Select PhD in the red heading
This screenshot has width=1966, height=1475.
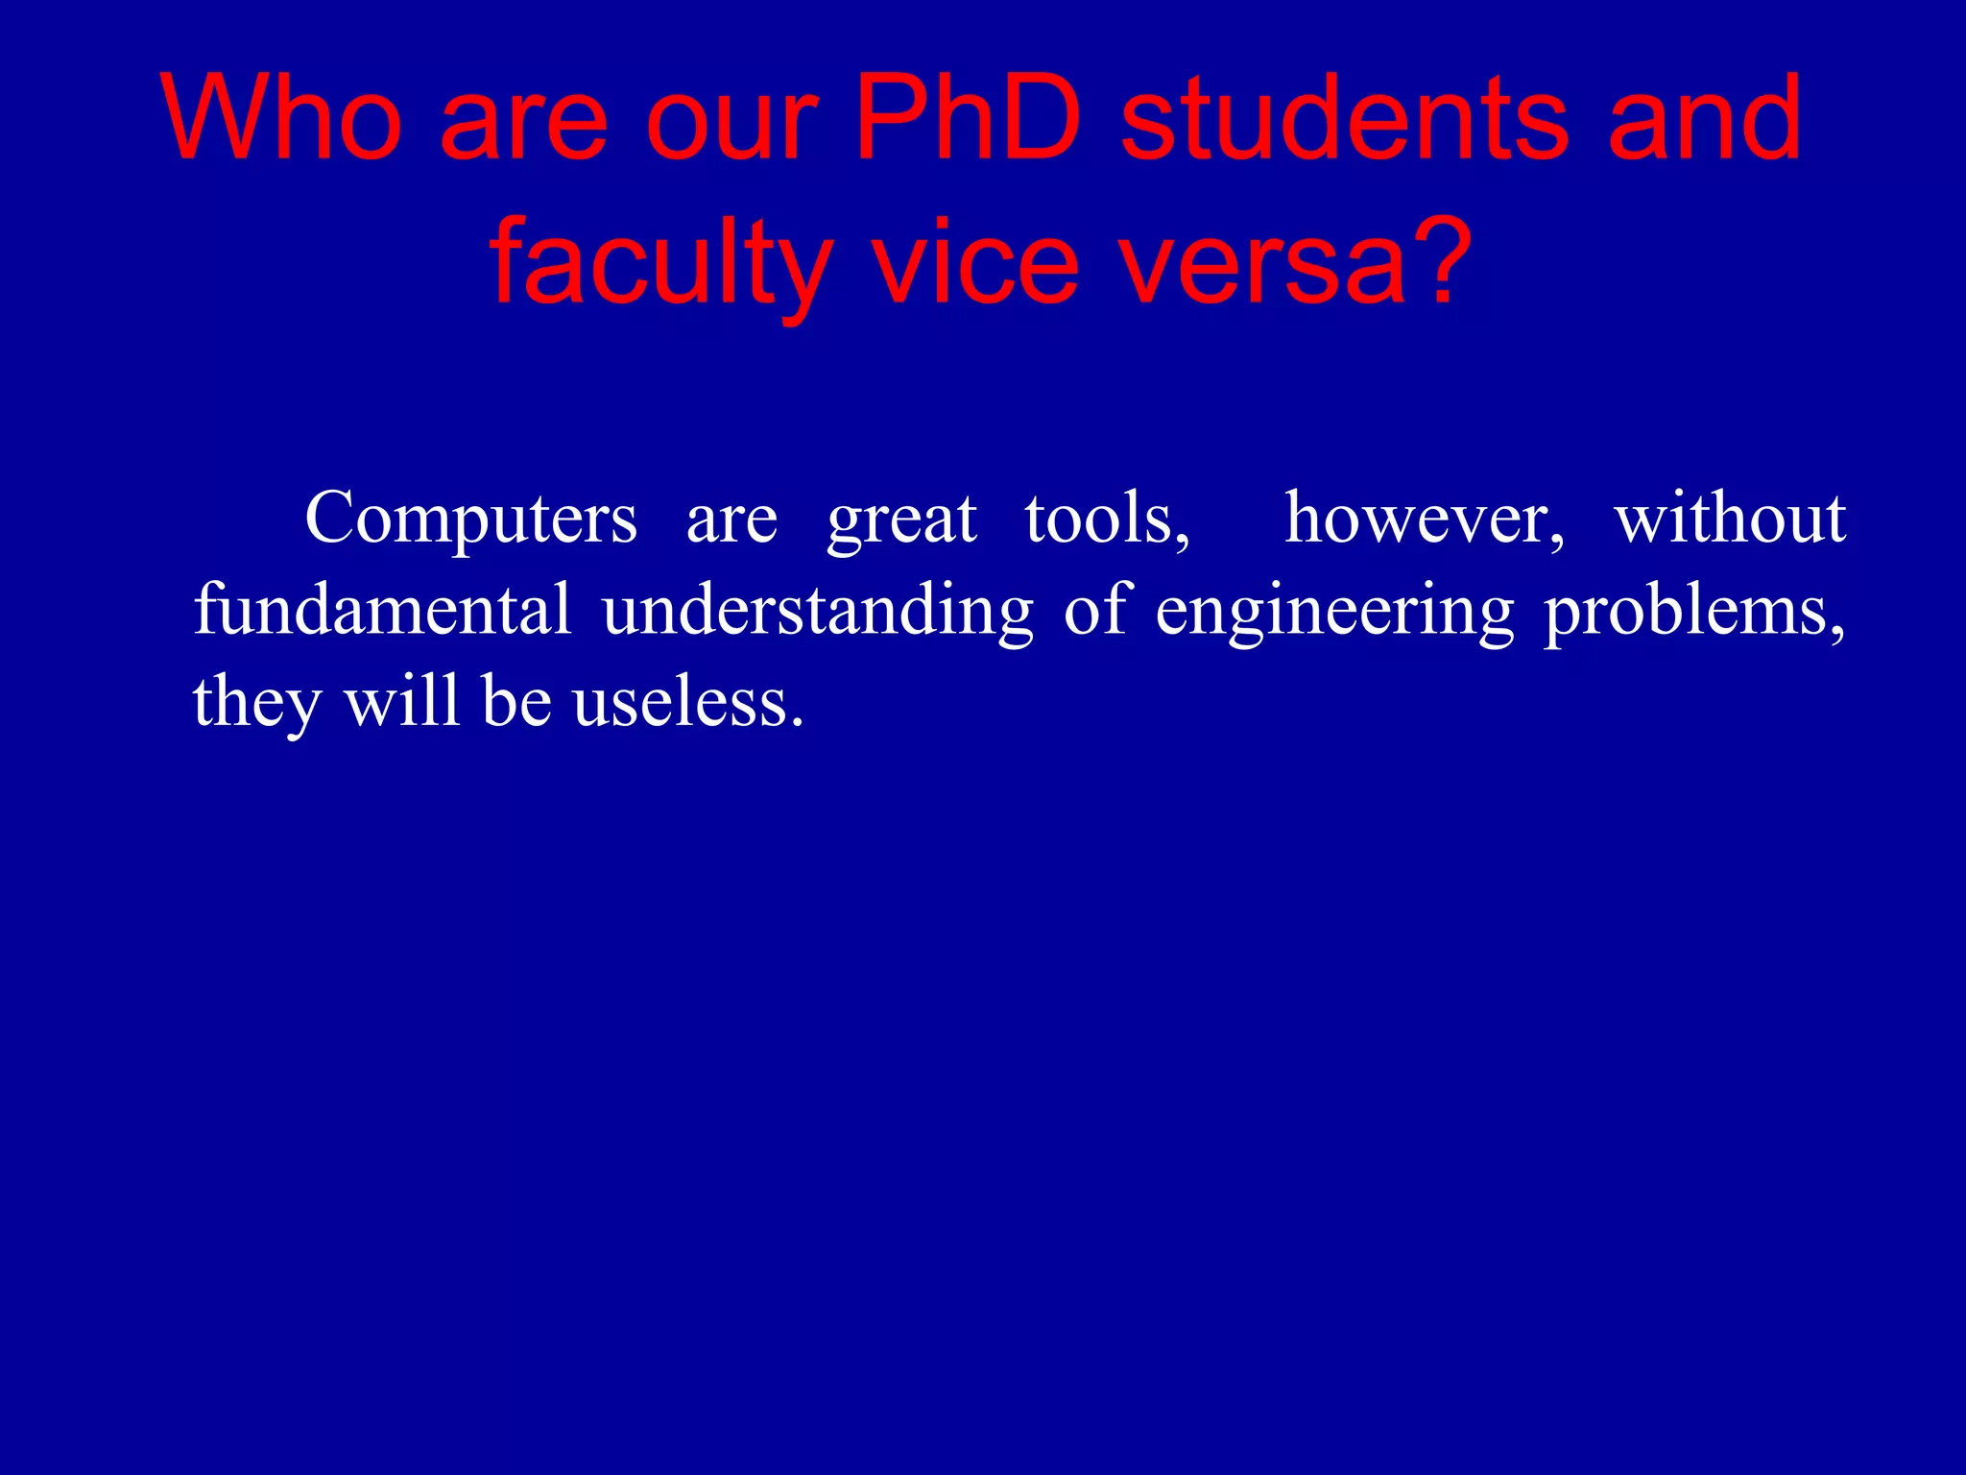(x=968, y=119)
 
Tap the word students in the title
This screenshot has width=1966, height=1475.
(x=1344, y=119)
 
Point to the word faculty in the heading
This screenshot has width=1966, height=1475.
(x=660, y=261)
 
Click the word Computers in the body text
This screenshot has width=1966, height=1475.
(x=470, y=520)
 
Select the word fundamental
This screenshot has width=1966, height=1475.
(x=382, y=610)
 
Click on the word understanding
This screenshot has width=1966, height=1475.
(x=818, y=612)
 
